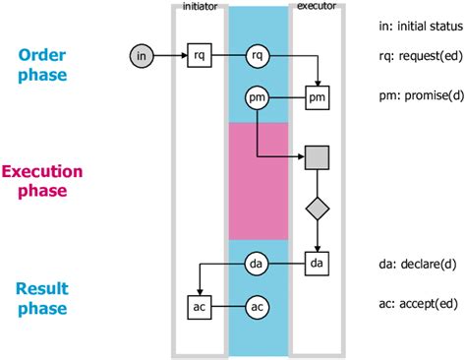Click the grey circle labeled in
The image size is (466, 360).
pos(142,57)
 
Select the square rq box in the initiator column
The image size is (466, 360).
pos(200,57)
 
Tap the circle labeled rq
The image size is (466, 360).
pos(258,57)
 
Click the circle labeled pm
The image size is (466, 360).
pos(258,98)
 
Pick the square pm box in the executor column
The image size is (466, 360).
pos(317,98)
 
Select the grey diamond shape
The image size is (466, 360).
pos(317,209)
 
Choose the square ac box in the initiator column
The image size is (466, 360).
pos(200,307)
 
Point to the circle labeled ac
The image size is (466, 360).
pos(258,307)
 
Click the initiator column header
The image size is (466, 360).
pos(200,7)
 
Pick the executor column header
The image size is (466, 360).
pos(317,7)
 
